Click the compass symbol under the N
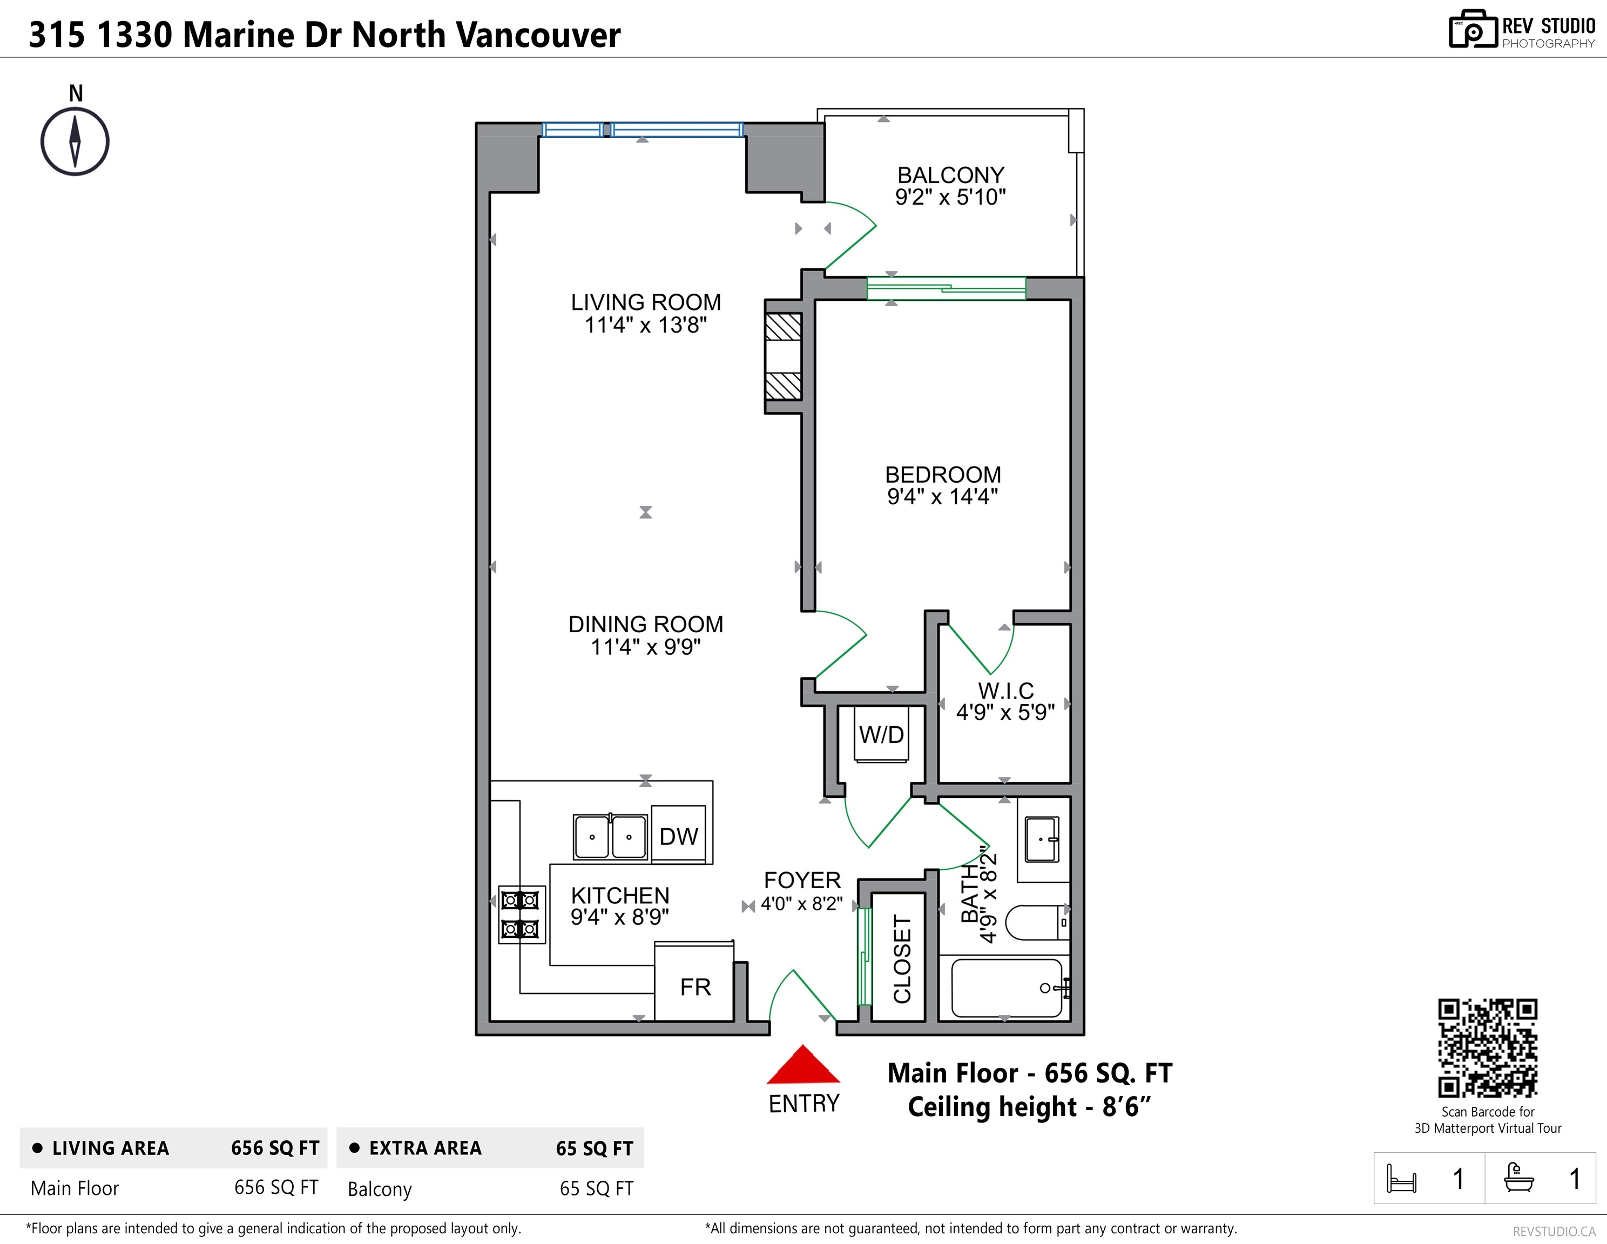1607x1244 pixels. click(75, 142)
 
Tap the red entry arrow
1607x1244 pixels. click(804, 1065)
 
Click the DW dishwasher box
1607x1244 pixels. click(678, 834)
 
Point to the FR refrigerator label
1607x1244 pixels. click(696, 987)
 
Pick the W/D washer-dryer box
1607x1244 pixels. click(881, 734)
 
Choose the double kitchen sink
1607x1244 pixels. click(610, 836)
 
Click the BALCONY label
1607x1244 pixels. click(951, 175)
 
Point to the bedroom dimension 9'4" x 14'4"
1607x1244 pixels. click(943, 497)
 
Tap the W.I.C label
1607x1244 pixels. click(1006, 691)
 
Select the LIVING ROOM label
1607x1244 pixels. click(646, 302)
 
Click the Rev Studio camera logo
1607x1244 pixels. click(1473, 30)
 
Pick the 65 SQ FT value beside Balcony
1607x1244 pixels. click(597, 1189)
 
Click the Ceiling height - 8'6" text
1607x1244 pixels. click(1029, 1106)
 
